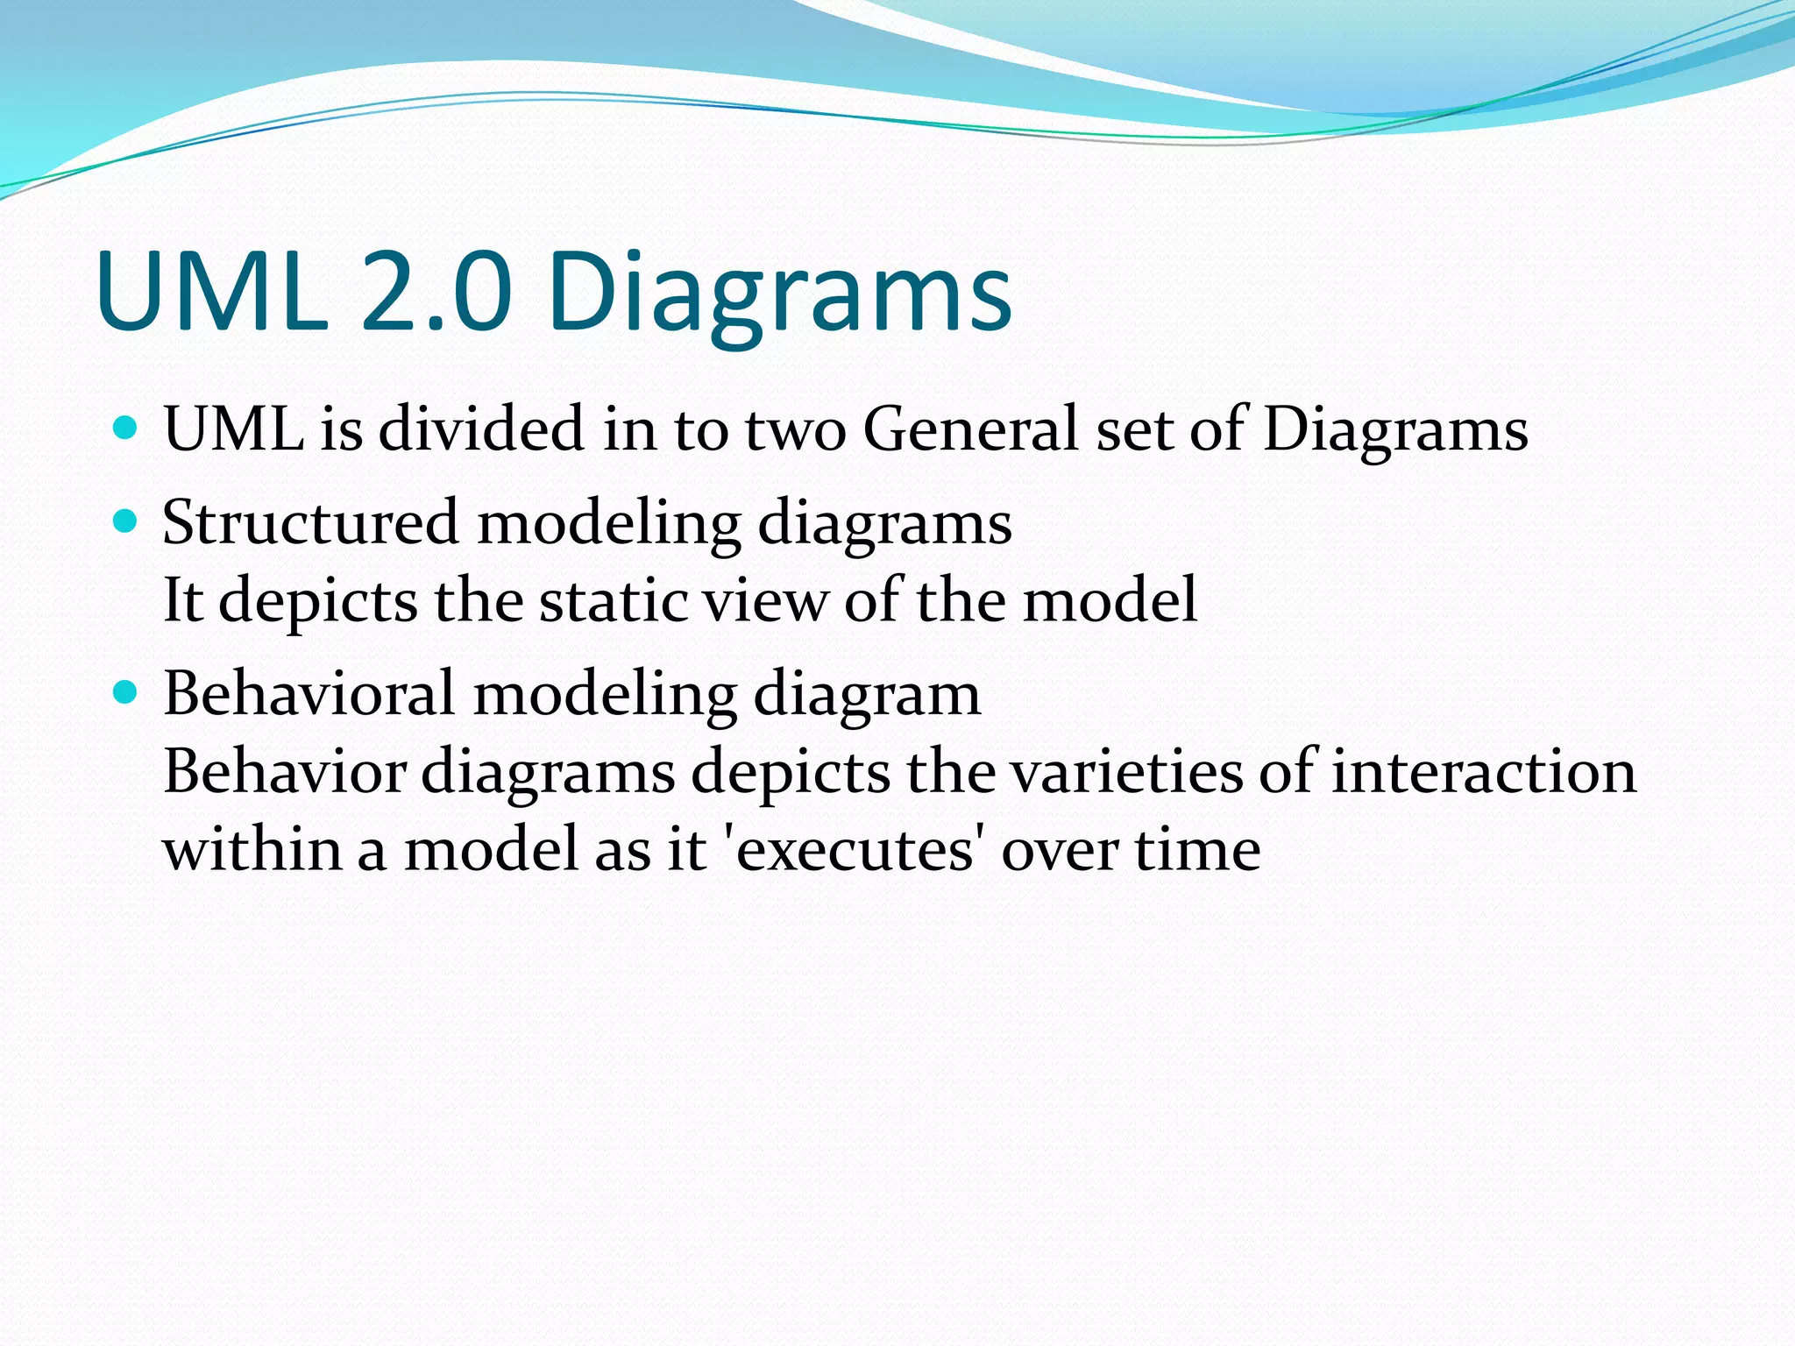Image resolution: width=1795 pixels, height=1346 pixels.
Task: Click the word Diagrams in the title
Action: [780, 294]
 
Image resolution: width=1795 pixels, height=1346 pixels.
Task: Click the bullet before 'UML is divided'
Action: [126, 429]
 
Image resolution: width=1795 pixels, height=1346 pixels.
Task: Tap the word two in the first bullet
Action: [796, 431]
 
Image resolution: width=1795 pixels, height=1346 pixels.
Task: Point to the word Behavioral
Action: [309, 694]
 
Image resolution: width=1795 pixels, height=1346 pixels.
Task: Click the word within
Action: [252, 850]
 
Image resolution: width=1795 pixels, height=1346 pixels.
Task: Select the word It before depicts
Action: [183, 601]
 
